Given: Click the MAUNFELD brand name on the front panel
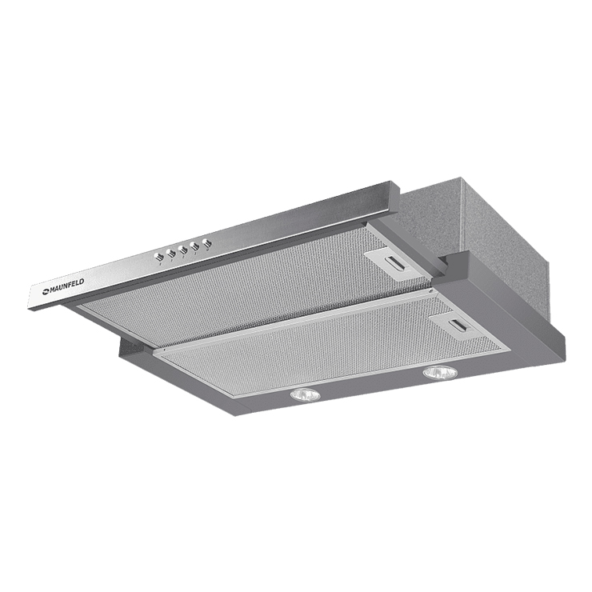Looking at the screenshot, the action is (67, 286).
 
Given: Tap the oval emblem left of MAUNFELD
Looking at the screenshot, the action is (46, 290).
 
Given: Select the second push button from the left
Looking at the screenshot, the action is (171, 254).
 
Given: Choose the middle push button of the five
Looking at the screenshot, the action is (182, 250).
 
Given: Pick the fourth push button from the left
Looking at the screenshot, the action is (195, 246).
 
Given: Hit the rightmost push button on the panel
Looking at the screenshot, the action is (207, 243).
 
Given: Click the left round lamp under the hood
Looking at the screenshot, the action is (305, 395).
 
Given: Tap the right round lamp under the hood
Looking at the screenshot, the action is (440, 373).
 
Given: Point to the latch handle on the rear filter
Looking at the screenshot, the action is (397, 262).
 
